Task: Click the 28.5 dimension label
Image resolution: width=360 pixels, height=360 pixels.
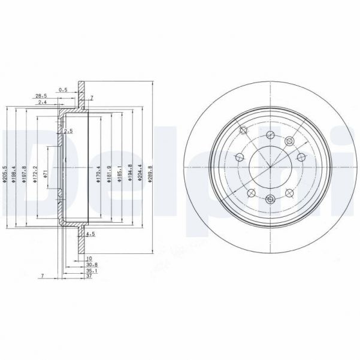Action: [41, 96]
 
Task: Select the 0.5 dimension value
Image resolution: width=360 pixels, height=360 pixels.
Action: [63, 90]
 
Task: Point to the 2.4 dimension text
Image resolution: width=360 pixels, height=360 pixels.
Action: [42, 103]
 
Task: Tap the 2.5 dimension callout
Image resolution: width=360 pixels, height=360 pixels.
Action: [68, 131]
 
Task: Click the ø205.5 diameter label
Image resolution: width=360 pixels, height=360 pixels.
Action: [5, 170]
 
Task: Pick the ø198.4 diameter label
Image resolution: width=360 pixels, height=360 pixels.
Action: [14, 170]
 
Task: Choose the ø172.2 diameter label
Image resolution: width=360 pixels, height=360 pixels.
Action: [36, 170]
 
